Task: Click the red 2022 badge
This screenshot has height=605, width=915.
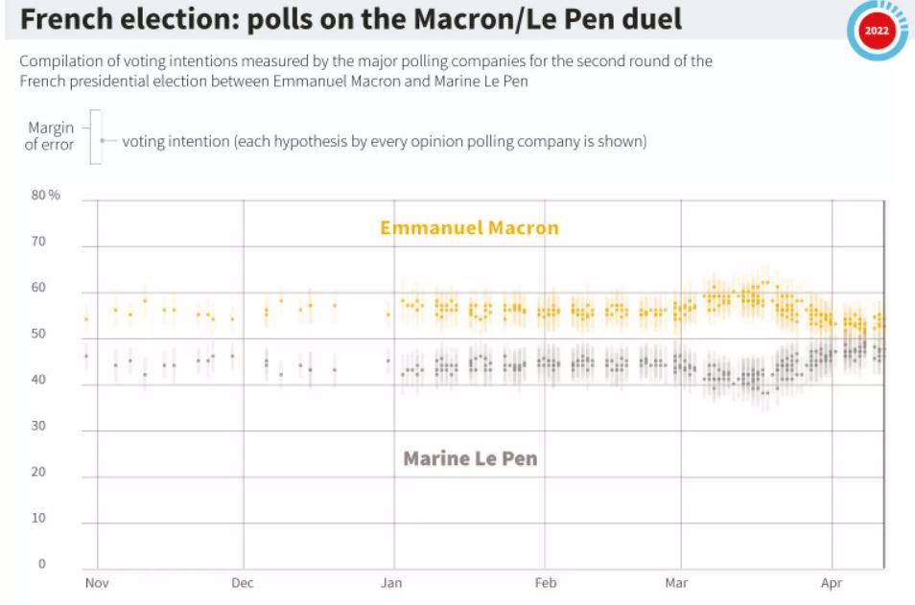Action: coord(877,31)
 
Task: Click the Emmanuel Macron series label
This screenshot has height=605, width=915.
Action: coord(469,228)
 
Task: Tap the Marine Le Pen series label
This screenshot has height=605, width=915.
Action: coord(470,458)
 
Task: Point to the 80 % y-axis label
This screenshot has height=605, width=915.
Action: coord(46,196)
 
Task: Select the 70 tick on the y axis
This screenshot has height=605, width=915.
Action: coord(39,242)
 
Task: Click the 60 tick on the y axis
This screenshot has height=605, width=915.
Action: coord(39,288)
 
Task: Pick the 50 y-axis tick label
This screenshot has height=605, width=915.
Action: coord(39,334)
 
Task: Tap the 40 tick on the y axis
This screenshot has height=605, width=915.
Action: coord(39,380)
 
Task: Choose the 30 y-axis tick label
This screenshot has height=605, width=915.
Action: coord(39,426)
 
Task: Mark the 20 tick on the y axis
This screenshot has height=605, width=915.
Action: coord(39,472)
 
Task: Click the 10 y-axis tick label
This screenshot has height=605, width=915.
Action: coord(39,518)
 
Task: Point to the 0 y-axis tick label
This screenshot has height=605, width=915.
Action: coord(42,564)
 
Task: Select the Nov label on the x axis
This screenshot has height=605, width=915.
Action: coord(96,583)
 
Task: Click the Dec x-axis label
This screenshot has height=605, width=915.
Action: coord(243,583)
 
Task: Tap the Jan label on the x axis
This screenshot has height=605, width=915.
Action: coord(391,583)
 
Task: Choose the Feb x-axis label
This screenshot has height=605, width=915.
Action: coord(545,583)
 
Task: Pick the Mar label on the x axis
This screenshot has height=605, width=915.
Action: coord(677,583)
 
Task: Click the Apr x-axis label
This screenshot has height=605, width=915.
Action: coord(831,583)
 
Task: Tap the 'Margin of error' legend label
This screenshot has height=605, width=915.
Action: coord(51,136)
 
